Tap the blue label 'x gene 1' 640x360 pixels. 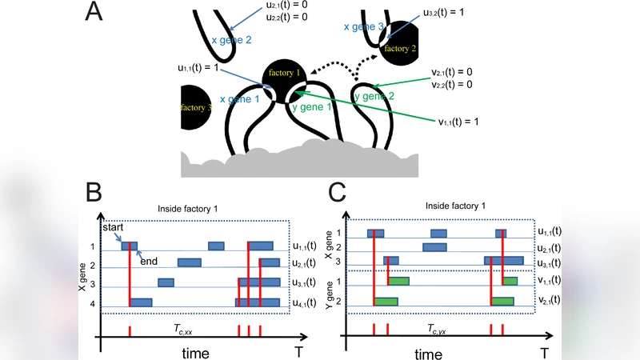pos(239,98)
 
